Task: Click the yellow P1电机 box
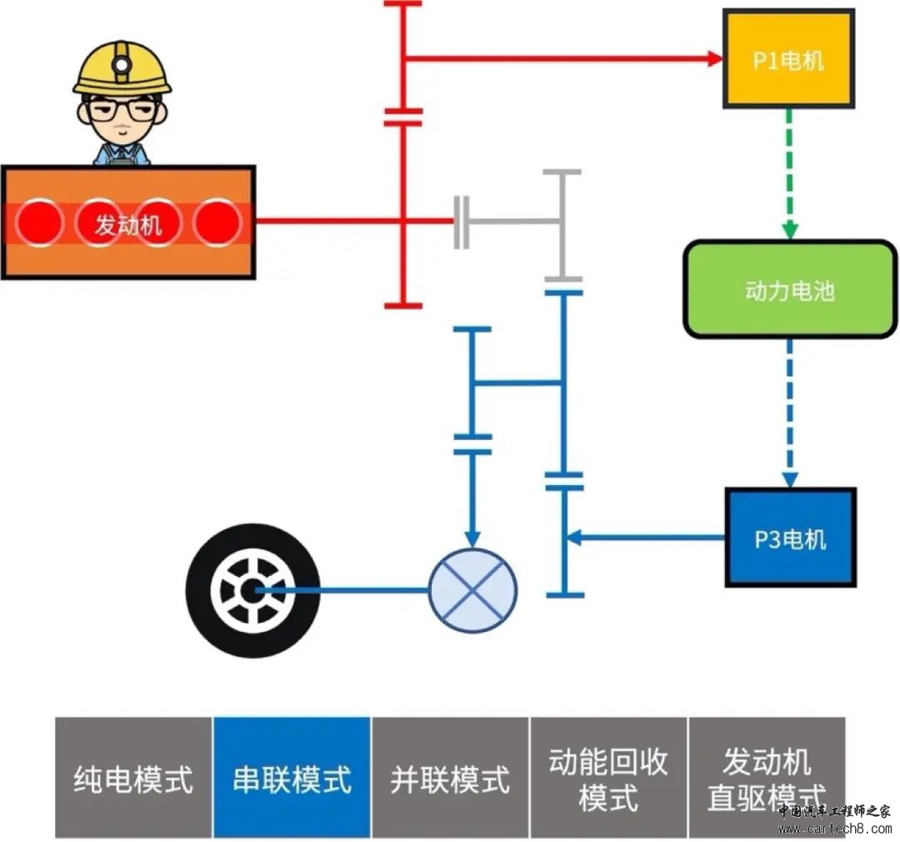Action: point(788,58)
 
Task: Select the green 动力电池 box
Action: point(789,289)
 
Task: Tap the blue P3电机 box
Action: point(790,538)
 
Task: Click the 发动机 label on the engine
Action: point(127,223)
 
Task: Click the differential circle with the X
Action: point(472,589)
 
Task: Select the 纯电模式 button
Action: point(133,778)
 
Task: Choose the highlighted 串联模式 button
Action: point(292,778)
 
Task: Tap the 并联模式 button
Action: point(450,778)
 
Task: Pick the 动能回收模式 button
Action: point(608,778)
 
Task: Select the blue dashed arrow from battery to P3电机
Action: point(789,413)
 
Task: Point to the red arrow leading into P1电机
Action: point(567,58)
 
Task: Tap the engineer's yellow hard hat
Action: point(122,71)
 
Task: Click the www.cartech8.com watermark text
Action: point(833,829)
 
